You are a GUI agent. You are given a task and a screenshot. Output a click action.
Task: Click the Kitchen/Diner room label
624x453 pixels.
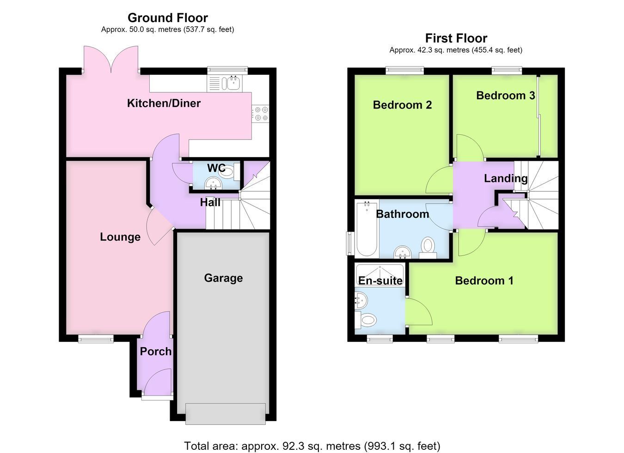(x=164, y=103)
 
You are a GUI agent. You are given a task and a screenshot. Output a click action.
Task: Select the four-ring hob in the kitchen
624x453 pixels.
(x=261, y=114)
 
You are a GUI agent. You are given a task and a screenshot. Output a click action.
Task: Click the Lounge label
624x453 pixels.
(x=120, y=237)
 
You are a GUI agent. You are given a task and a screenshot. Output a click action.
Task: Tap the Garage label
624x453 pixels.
(x=223, y=278)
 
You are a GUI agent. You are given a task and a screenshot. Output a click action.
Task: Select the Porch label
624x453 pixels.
(x=155, y=351)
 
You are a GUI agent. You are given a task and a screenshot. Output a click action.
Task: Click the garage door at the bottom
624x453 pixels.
(x=226, y=414)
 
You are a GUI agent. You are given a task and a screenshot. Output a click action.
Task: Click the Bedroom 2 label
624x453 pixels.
(x=402, y=105)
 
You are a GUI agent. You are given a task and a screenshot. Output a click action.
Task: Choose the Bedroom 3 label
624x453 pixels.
(x=506, y=96)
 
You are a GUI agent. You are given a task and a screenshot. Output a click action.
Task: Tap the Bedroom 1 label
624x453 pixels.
(x=484, y=280)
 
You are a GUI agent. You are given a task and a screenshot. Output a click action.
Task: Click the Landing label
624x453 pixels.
(x=506, y=178)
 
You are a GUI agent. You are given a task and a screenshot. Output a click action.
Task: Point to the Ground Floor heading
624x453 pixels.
(x=168, y=18)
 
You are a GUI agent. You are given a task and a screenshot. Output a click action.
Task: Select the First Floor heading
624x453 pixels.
(x=456, y=38)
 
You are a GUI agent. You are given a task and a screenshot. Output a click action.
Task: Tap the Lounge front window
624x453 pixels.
(x=96, y=338)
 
